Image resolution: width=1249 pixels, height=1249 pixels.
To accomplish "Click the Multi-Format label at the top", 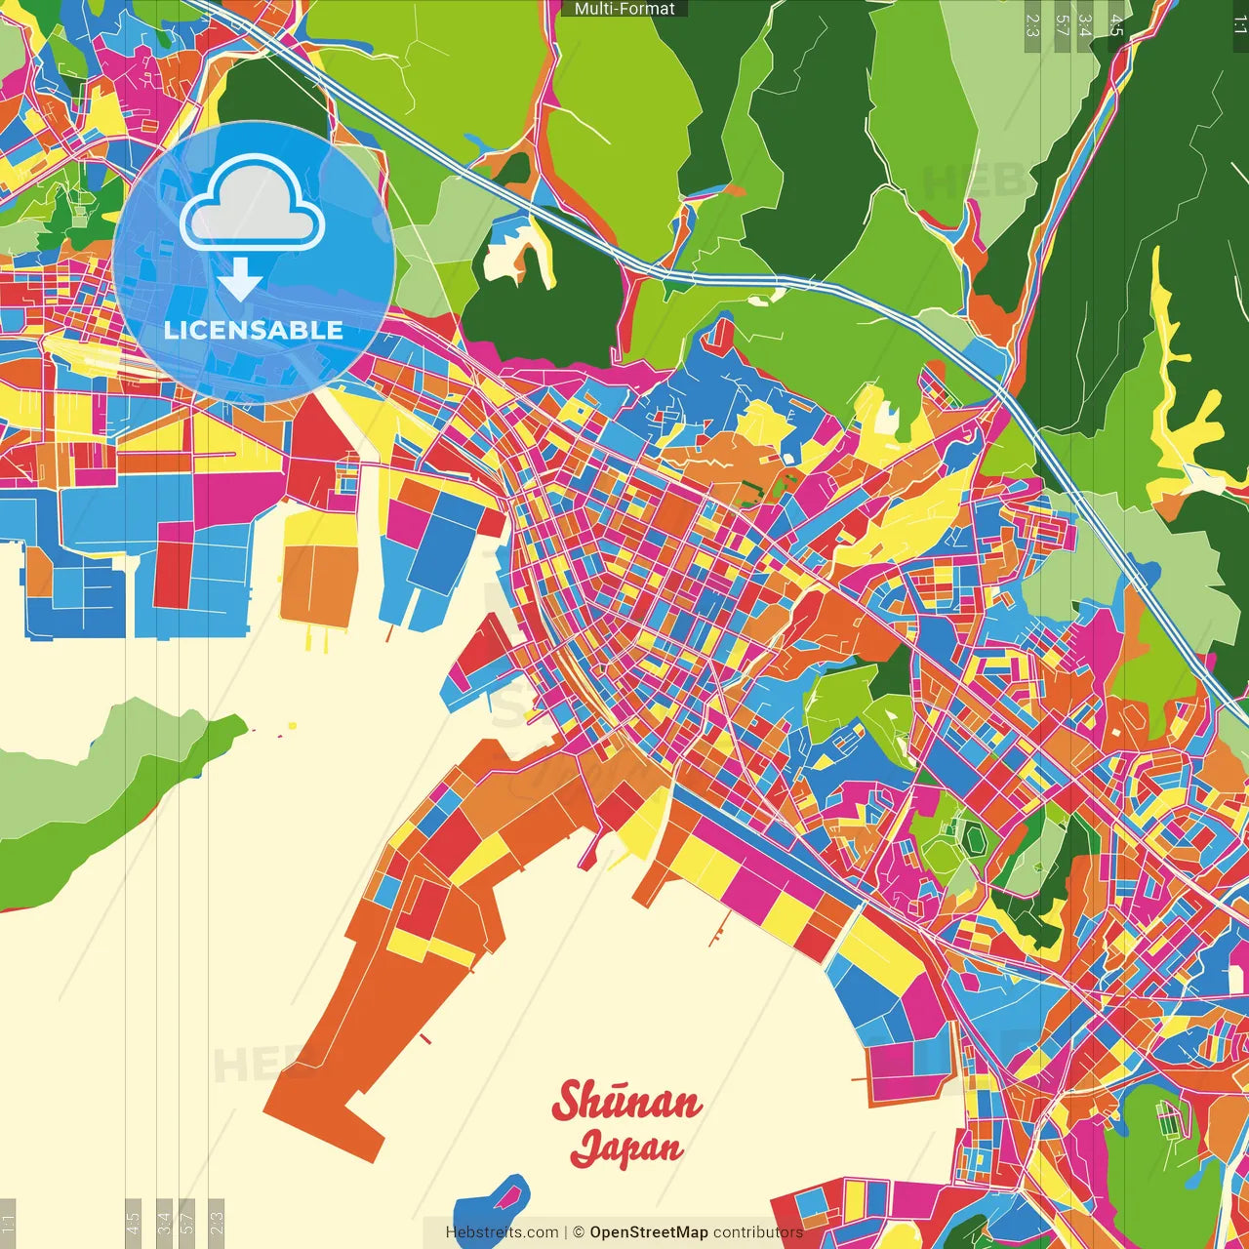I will pos(624,9).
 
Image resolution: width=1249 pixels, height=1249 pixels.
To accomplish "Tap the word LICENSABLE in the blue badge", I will pos(254,330).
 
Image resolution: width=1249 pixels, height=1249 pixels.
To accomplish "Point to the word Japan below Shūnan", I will pos(626,1148).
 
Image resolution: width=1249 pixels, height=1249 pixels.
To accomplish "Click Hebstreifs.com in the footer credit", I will pos(502,1232).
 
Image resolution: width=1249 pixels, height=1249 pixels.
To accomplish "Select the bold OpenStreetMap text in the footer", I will pos(648,1232).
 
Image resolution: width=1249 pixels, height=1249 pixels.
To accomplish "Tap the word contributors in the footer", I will pos(758,1232).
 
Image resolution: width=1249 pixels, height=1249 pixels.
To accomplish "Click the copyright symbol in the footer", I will pos(579,1232).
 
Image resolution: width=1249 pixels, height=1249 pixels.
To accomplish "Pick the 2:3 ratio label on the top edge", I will pos(1032,24).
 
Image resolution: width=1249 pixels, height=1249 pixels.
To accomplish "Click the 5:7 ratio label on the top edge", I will pos(1062,24).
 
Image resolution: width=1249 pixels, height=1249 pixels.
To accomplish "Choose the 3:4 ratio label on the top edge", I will pos(1085,24).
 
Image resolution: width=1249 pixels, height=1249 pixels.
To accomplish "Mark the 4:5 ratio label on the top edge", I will pos(1116,24).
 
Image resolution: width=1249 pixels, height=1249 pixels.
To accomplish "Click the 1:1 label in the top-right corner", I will pos(1239,24).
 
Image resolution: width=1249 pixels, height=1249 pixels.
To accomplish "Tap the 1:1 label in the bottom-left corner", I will pos(8,1223).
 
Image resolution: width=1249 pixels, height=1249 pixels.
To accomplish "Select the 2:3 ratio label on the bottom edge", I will pos(217,1223).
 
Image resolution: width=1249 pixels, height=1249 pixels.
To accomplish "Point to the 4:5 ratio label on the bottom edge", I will pos(133,1223).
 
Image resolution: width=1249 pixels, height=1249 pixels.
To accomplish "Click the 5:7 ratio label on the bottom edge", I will pos(187,1223).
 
